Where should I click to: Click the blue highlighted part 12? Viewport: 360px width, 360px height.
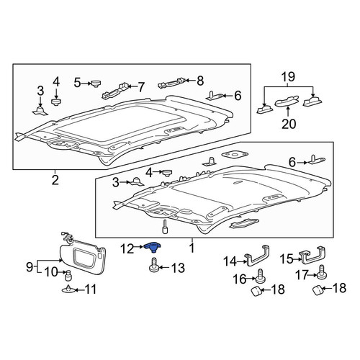(x=153, y=247)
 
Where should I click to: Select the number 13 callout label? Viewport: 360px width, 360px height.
(x=178, y=268)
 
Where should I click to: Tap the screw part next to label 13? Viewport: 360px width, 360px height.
(x=153, y=265)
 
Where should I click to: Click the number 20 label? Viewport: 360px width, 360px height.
(x=289, y=124)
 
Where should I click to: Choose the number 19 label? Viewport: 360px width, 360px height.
(x=288, y=77)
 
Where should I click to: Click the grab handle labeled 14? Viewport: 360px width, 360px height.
(x=256, y=256)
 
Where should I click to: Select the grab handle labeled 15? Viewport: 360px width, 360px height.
(x=313, y=255)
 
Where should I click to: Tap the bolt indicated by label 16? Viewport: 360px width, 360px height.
(x=260, y=276)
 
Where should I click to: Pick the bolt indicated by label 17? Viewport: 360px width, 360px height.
(x=323, y=273)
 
